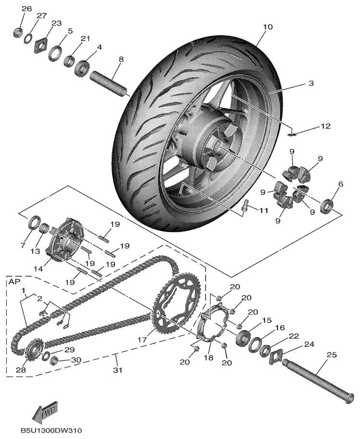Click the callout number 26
pyautogui.click(x=26, y=9)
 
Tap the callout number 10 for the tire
pyautogui.click(x=268, y=27)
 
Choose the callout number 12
pyautogui.click(x=326, y=127)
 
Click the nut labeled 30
pyautogui.click(x=55, y=360)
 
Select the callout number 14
pyautogui.click(x=39, y=269)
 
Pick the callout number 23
pyautogui.click(x=57, y=23)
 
